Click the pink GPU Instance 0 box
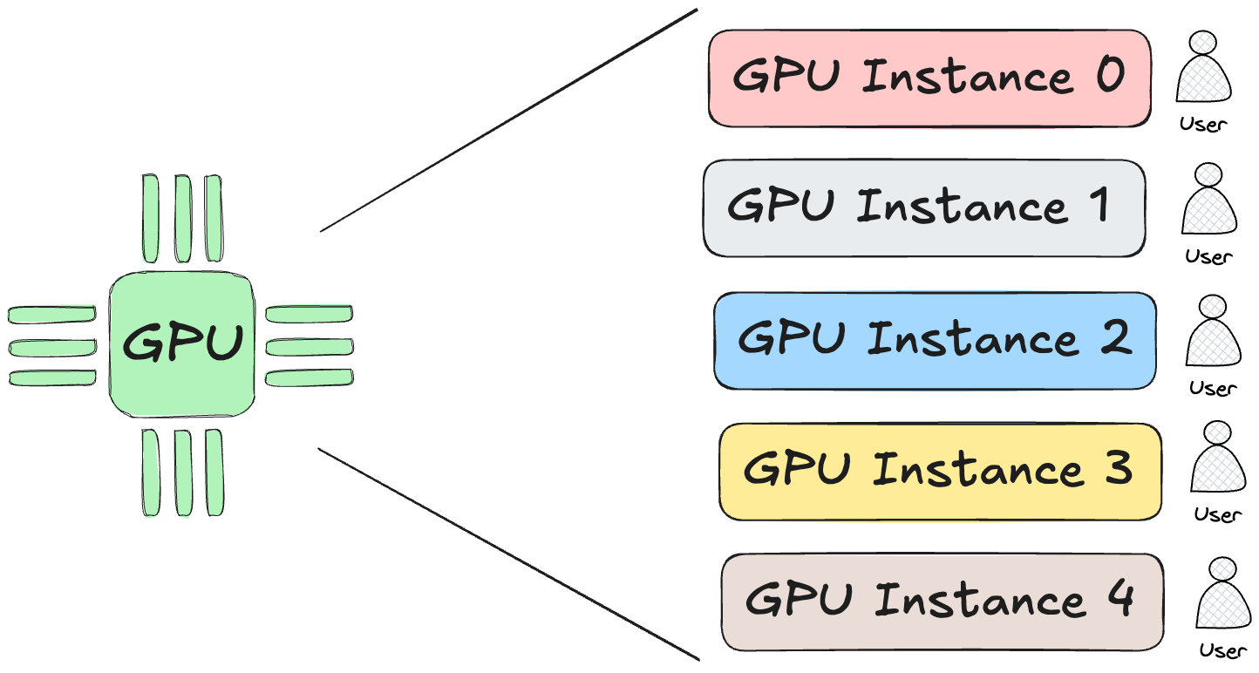point(929,78)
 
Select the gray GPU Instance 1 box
point(924,208)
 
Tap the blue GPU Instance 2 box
point(935,341)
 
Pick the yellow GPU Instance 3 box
point(940,472)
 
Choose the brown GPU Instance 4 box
point(943,602)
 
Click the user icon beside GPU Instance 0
point(1204,69)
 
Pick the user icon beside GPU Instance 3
point(1218,459)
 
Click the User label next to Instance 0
point(1203,125)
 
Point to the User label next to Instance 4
point(1223,650)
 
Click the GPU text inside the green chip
point(182,343)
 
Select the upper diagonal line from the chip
point(509,120)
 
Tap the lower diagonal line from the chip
point(509,554)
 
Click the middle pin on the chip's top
point(183,219)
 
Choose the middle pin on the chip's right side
point(309,346)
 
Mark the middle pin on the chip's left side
point(52,347)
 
